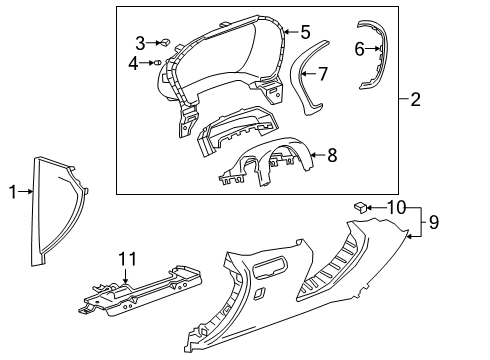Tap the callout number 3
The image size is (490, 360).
(141, 42)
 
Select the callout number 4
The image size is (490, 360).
(134, 63)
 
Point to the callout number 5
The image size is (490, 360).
(305, 32)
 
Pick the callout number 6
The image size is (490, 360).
(359, 47)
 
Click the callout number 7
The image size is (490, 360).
(323, 73)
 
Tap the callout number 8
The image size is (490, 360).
(333, 155)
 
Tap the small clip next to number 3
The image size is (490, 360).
(164, 42)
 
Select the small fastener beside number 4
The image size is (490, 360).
(156, 63)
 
